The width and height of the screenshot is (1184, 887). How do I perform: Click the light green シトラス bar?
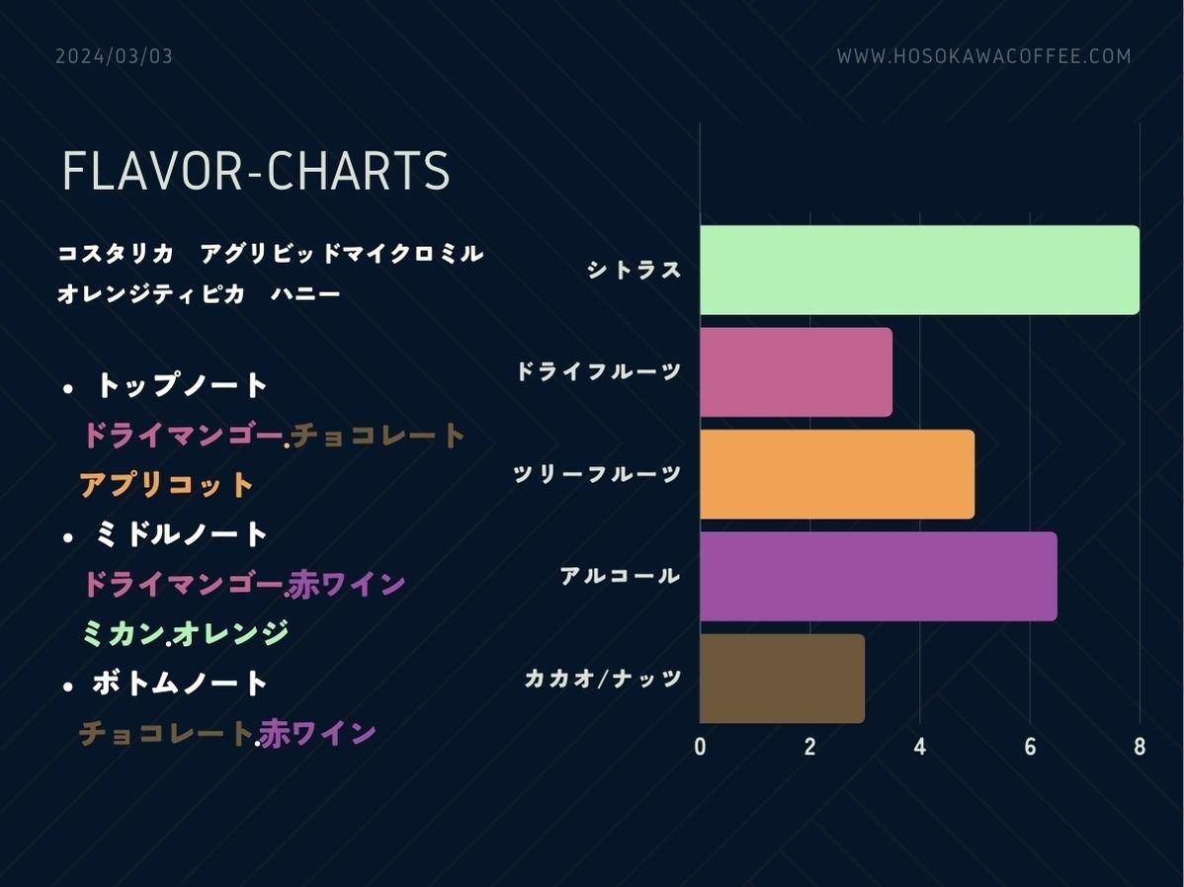point(920,270)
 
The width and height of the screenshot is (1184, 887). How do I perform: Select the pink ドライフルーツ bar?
point(796,371)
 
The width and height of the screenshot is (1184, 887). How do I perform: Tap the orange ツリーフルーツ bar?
point(837,474)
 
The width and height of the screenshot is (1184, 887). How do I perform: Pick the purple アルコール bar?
point(879,576)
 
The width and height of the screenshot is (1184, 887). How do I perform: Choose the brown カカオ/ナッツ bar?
point(783,678)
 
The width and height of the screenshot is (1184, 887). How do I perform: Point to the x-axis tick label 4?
point(920,747)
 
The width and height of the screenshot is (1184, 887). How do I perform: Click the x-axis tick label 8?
point(1140,747)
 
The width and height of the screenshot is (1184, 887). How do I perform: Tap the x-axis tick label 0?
point(700,747)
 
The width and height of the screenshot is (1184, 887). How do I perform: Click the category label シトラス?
point(634,270)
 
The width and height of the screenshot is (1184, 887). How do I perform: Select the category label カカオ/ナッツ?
point(603,678)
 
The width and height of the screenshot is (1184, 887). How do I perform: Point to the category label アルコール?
point(621,576)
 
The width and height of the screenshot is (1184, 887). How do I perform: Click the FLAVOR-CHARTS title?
point(256,171)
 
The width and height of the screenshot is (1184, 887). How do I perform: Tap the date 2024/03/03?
point(114,56)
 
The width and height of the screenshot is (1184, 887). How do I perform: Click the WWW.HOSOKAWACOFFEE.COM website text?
point(984,56)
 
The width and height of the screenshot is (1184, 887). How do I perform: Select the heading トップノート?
point(181,385)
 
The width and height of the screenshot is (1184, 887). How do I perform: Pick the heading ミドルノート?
point(181,533)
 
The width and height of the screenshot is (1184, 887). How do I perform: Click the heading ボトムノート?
point(180,684)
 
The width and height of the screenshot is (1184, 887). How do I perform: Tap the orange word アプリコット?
point(166,485)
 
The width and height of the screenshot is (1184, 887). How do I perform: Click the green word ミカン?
point(124,632)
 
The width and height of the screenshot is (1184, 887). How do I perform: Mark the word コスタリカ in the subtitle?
point(117,253)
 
